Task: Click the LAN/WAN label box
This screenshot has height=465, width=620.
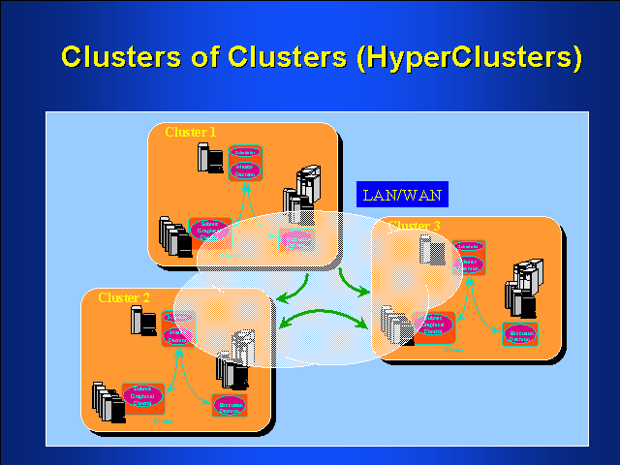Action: (x=401, y=195)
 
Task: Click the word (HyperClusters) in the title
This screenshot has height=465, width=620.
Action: (x=470, y=58)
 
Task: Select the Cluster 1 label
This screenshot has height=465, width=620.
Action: (x=191, y=133)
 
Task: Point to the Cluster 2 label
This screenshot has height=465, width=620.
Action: (x=124, y=297)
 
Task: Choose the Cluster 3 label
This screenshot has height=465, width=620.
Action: (x=415, y=226)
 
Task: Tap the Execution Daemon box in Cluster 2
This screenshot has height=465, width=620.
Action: (x=230, y=405)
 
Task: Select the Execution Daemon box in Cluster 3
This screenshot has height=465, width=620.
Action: (x=520, y=333)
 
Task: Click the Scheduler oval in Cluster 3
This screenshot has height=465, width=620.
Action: (x=468, y=246)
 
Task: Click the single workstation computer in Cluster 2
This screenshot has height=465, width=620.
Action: (x=144, y=321)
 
